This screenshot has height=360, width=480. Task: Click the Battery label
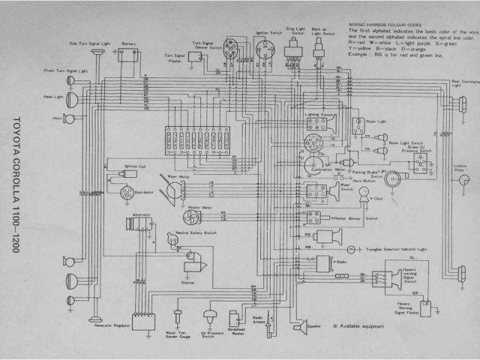tap(129, 43)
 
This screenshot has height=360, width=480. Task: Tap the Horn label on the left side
tap(55, 118)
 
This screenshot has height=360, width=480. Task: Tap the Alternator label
tap(141, 214)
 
